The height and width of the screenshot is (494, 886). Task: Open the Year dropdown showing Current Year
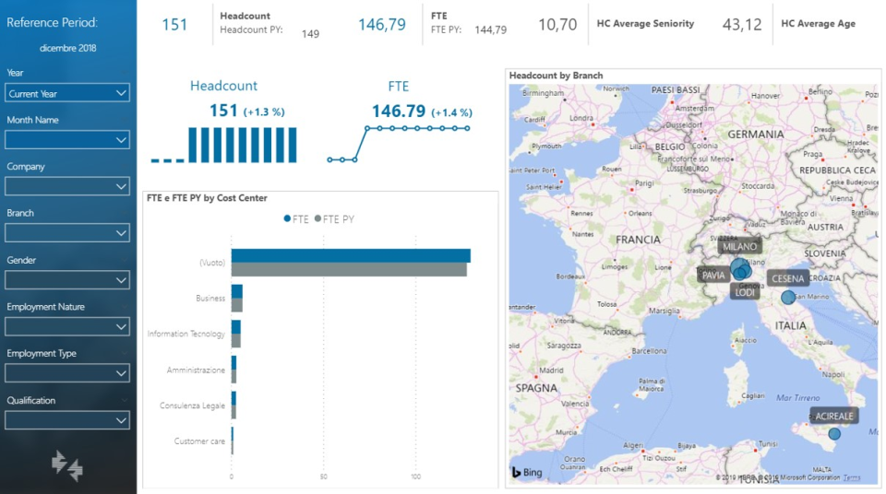click(x=66, y=93)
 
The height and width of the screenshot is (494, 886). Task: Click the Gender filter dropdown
click(x=66, y=280)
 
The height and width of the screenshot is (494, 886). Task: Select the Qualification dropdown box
click(x=66, y=420)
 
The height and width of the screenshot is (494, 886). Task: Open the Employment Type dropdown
click(x=66, y=373)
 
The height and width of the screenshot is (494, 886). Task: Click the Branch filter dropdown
click(x=66, y=233)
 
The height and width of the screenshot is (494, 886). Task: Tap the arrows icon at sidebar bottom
click(x=67, y=465)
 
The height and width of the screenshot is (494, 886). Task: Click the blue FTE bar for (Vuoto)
click(x=350, y=255)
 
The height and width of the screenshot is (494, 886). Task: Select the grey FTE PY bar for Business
click(x=236, y=305)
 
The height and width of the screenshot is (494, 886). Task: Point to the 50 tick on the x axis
click(x=324, y=476)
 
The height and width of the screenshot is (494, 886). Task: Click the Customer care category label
click(x=199, y=441)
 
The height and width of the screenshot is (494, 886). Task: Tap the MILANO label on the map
click(x=739, y=247)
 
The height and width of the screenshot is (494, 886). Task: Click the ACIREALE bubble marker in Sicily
click(x=834, y=434)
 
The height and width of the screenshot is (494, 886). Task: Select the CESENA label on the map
click(x=788, y=278)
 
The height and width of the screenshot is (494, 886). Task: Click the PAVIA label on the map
click(x=713, y=276)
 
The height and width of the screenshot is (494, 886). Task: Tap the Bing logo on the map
click(x=527, y=473)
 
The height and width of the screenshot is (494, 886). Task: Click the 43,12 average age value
click(x=742, y=25)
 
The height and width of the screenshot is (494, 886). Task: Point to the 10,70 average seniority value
click(x=557, y=25)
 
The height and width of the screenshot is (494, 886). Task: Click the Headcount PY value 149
click(x=310, y=34)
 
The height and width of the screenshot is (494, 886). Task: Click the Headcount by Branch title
click(x=556, y=76)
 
